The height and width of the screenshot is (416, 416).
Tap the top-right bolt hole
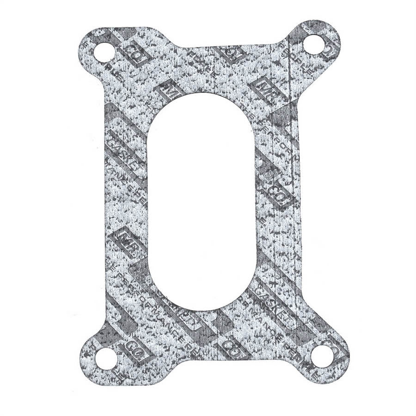pos(314,44)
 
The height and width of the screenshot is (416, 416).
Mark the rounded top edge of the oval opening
pos(202,98)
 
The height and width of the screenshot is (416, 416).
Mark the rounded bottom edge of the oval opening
pos(202,309)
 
